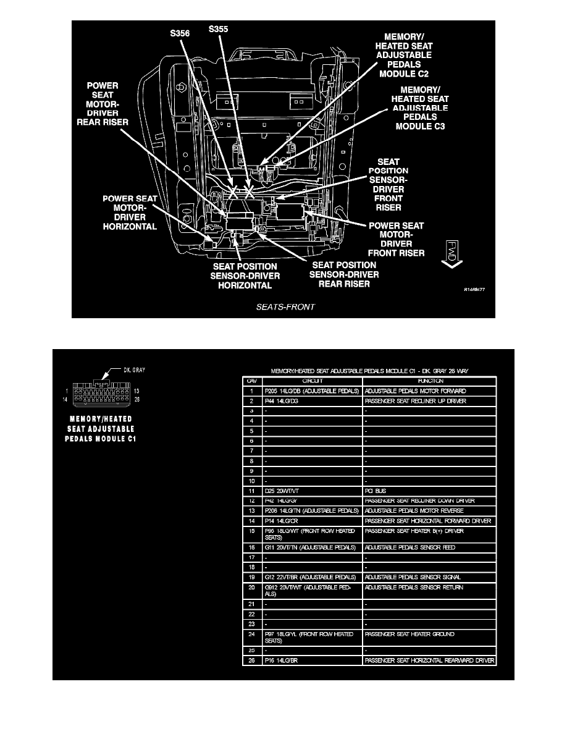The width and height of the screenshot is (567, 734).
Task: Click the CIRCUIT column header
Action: [x=312, y=381]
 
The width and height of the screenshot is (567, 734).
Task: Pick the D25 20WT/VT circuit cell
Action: [x=281, y=491]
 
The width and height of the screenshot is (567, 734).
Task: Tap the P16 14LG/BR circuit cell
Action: [x=282, y=660]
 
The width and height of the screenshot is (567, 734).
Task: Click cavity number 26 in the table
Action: [x=251, y=660]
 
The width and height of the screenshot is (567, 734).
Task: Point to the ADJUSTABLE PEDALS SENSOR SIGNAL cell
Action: [x=408, y=577]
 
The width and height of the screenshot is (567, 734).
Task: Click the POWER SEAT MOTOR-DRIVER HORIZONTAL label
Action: [x=130, y=213]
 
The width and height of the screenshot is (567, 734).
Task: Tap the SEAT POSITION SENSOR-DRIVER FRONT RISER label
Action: [x=388, y=185]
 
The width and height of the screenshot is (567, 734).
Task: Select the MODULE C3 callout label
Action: [x=419, y=108]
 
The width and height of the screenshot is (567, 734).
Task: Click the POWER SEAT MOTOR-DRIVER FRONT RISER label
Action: [x=396, y=239]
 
